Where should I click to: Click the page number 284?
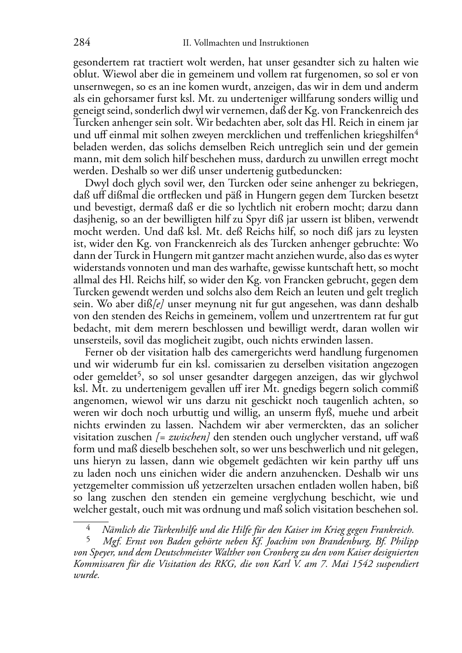click(x=82, y=43)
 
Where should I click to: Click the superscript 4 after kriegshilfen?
click(x=416, y=133)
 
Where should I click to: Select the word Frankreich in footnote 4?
click(x=393, y=531)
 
